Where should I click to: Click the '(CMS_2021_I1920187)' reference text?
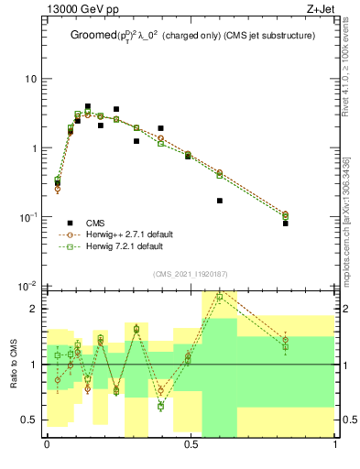pos(191,273)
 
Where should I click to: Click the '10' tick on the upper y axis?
pos(30,79)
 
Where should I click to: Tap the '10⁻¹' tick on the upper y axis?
pos(28,217)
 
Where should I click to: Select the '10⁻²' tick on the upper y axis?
pos(28,286)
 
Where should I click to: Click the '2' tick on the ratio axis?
pos(35,309)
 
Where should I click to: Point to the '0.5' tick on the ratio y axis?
pos(30,420)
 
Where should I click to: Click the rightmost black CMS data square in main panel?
pos(285,224)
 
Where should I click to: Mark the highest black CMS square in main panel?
pos(88,106)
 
